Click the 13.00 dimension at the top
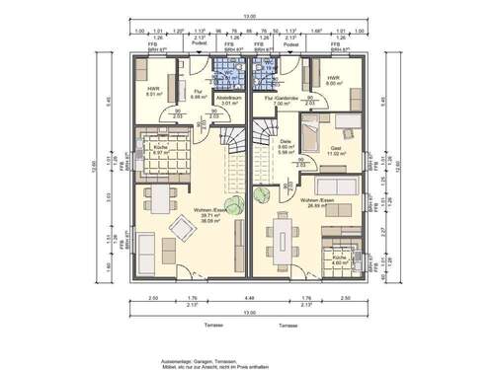click(247, 15)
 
